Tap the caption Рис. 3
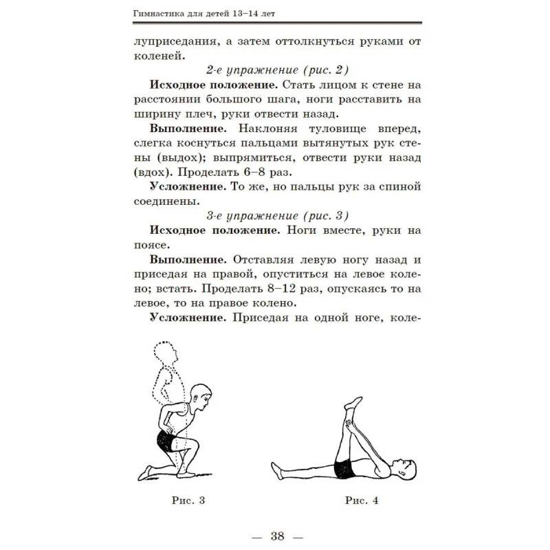coord(189,500)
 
